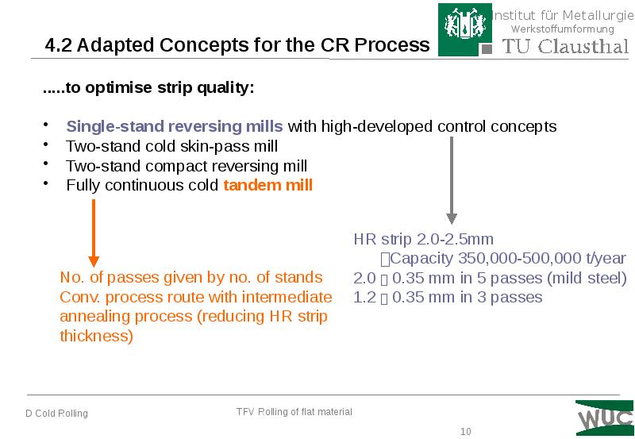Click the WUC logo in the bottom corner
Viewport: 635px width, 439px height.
pos(605,417)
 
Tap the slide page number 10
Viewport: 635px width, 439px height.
pos(466,432)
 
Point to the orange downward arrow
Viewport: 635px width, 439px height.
pos(94,233)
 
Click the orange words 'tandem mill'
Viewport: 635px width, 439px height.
pos(268,186)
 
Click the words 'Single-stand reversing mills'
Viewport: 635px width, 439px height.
pos(174,126)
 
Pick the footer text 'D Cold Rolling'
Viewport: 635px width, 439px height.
pos(56,414)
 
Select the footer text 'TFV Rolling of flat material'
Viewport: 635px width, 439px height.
pos(294,412)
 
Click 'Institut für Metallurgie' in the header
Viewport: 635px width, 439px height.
pos(562,15)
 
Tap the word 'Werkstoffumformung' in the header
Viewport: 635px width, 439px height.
pos(562,29)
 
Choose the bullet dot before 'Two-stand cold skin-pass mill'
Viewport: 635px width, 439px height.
pos(46,145)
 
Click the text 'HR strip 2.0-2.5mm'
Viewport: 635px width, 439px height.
pos(423,239)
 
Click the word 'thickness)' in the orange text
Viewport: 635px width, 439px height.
pos(96,337)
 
